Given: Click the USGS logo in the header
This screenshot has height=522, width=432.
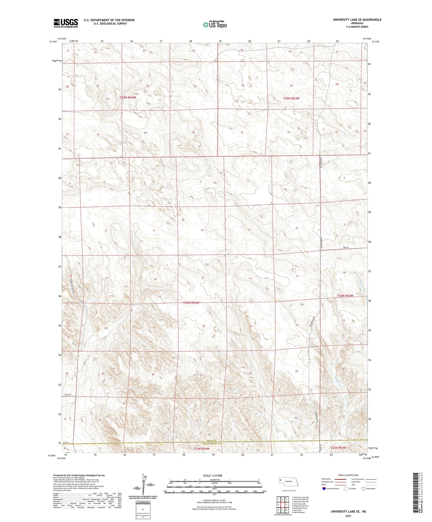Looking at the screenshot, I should click(x=66, y=23).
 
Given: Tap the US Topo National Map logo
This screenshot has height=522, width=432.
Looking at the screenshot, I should click(x=215, y=24).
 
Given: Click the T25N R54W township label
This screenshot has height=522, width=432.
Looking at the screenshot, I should click(x=128, y=98).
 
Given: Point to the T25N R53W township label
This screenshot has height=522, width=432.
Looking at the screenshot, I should click(x=291, y=98).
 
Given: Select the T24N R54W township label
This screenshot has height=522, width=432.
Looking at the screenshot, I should click(x=191, y=303).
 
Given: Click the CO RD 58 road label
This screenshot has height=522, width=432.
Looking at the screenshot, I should click(x=67, y=395).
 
